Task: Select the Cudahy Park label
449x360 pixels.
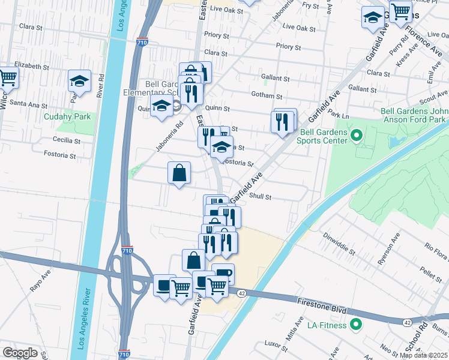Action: pyautogui.click(x=65, y=116)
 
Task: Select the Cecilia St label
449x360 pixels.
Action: pyautogui.click(x=67, y=141)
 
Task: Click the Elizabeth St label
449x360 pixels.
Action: pyautogui.click(x=32, y=66)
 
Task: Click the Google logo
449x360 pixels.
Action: pyautogui.click(x=20, y=352)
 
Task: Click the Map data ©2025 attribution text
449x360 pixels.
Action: pyautogui.click(x=423, y=355)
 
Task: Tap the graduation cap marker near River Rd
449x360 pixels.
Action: pyautogui.click(x=79, y=81)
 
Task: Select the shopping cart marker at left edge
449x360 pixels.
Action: pyautogui.click(x=7, y=76)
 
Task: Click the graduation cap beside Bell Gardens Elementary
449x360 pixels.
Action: pyautogui.click(x=161, y=107)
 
